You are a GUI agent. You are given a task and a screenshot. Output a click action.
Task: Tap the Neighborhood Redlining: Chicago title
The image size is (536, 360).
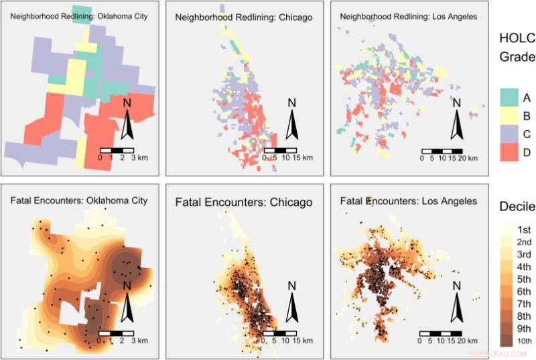(x=243, y=17)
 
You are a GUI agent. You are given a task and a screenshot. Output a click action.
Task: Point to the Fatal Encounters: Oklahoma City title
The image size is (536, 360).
(x=79, y=200)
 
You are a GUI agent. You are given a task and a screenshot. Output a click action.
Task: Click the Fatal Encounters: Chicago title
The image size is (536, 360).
(x=243, y=201)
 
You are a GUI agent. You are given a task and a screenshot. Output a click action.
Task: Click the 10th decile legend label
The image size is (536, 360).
(x=525, y=342)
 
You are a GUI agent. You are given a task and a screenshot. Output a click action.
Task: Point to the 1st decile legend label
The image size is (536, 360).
(x=525, y=229)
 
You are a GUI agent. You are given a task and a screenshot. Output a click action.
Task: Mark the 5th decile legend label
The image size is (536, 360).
(x=525, y=279)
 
